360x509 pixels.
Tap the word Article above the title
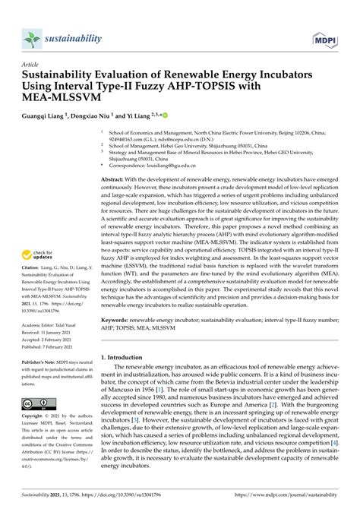pyautogui.click(x=31, y=65)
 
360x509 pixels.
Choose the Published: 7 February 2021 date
pyautogui.click(x=51, y=346)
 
